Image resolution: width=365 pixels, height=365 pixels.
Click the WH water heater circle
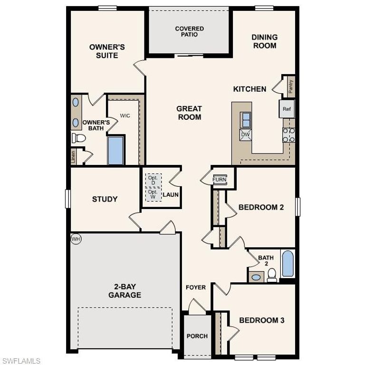[76, 239]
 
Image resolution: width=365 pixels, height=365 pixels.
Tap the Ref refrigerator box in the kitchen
[287, 109]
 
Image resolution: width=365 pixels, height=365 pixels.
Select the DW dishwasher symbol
[245, 134]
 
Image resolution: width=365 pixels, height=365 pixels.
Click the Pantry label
[290, 86]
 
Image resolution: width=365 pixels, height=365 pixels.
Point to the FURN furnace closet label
[219, 180]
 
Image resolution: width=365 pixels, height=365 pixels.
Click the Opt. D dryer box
[153, 180]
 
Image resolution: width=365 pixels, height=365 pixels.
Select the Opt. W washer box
[153, 194]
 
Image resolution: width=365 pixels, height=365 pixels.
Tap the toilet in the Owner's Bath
[79, 138]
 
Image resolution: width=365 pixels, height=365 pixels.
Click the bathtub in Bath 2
[288, 264]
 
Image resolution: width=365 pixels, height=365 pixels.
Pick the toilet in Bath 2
[272, 275]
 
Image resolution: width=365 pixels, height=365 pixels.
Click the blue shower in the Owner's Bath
[115, 150]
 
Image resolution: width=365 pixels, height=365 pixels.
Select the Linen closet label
[74, 157]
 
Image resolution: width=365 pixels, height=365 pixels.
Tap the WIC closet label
[125, 115]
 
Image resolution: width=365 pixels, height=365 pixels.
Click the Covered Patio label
[190, 32]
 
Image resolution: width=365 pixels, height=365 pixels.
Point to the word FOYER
[196, 288]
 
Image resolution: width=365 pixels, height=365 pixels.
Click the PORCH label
[197, 336]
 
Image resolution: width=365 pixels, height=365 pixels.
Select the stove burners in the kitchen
[289, 135]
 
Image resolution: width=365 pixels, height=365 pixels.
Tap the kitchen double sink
[246, 119]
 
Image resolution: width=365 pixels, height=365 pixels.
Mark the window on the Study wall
[68, 199]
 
